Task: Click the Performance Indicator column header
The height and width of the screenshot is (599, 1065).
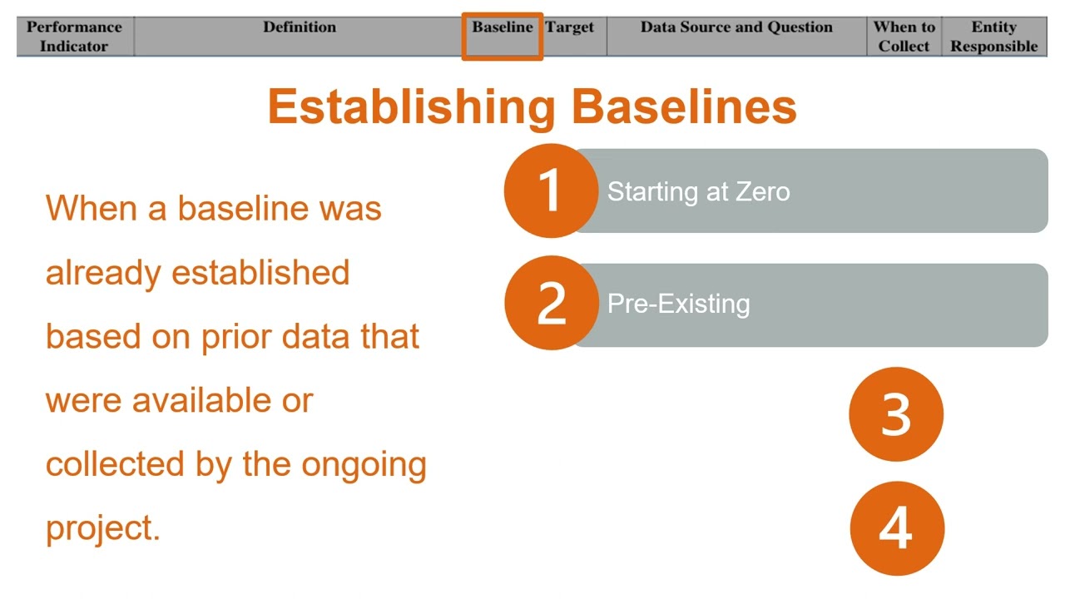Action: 74,37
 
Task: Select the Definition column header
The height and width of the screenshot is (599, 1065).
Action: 300,27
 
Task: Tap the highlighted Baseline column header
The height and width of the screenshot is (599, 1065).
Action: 503,27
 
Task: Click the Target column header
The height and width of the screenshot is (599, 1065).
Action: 570,27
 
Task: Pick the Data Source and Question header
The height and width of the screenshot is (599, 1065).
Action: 736,27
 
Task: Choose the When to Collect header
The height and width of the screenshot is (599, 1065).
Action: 904,37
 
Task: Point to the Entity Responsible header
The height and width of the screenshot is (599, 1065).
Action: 994,37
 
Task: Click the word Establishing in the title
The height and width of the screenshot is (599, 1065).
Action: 411,107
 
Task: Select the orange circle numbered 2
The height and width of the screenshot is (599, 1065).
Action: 551,303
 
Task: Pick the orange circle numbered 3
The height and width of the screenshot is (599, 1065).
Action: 896,414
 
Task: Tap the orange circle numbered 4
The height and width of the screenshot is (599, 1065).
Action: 896,527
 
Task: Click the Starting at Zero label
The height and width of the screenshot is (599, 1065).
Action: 698,192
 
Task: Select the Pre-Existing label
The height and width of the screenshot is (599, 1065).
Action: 678,304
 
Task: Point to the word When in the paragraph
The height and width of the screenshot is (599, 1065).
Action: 91,208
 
